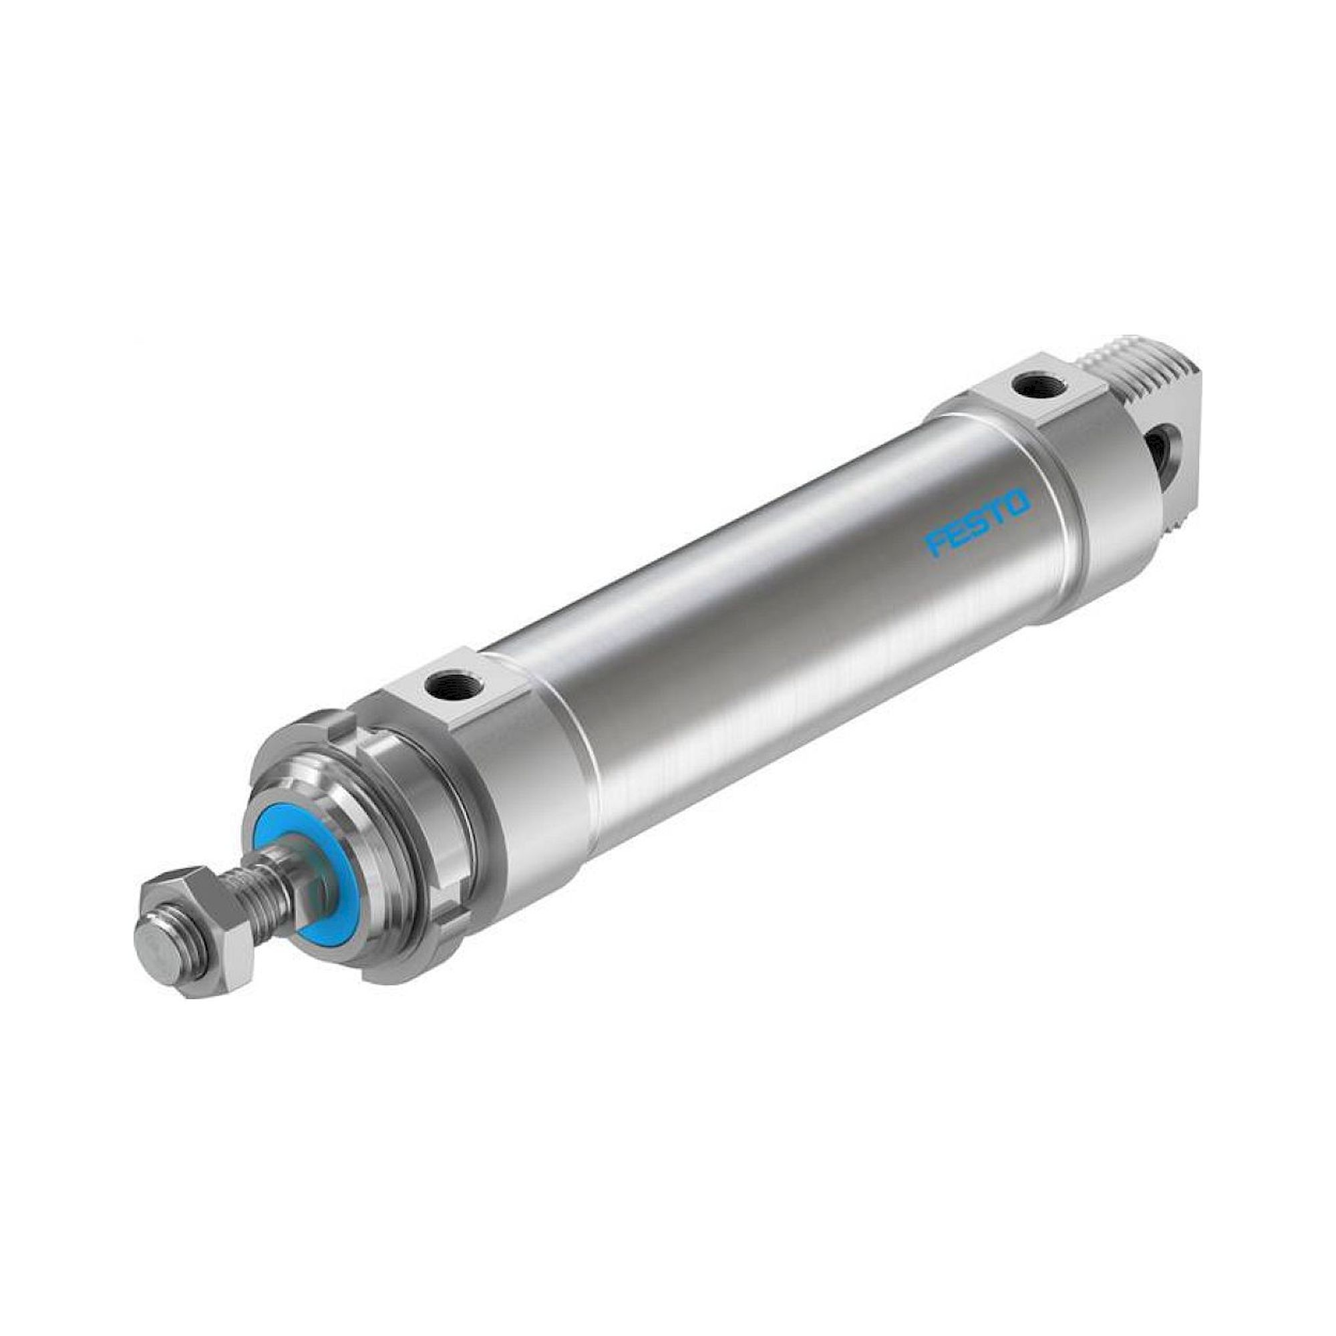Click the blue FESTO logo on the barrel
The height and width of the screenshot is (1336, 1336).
coord(978,523)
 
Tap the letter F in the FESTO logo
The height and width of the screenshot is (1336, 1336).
coord(935,544)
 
